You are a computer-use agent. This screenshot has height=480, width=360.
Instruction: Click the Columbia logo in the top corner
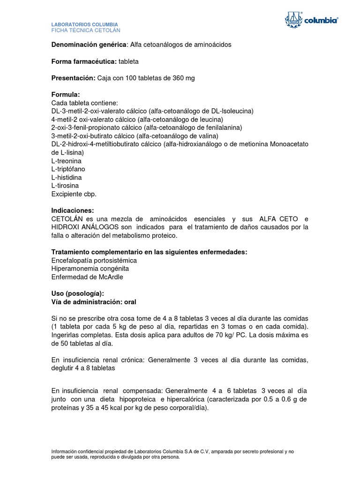(311, 20)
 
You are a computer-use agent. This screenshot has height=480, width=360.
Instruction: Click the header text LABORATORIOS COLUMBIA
(84, 24)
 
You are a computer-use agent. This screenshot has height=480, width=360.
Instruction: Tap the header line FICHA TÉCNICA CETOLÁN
(86, 30)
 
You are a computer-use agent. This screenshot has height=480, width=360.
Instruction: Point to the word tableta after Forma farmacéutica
(128, 61)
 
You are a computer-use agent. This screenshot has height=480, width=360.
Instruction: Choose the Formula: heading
(66, 95)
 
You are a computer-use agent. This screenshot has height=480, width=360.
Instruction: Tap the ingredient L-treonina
(67, 161)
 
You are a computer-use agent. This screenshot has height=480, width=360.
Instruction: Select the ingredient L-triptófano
(68, 169)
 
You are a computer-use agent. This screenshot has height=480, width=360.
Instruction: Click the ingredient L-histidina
(67, 177)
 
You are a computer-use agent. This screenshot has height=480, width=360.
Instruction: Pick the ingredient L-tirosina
(65, 186)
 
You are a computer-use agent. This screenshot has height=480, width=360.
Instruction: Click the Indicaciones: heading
(73, 210)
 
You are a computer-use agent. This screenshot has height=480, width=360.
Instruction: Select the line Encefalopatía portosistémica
(94, 260)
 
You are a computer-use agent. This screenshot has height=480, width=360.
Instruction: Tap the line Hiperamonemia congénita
(90, 269)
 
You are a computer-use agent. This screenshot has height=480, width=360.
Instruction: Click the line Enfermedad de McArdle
(87, 277)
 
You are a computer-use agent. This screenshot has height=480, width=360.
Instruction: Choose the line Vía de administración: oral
(94, 302)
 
